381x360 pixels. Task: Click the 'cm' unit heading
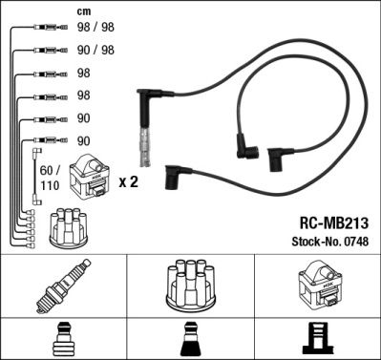pyautogui.click(x=84, y=11)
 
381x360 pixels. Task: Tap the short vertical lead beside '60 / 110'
pyautogui.click(x=38, y=167)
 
